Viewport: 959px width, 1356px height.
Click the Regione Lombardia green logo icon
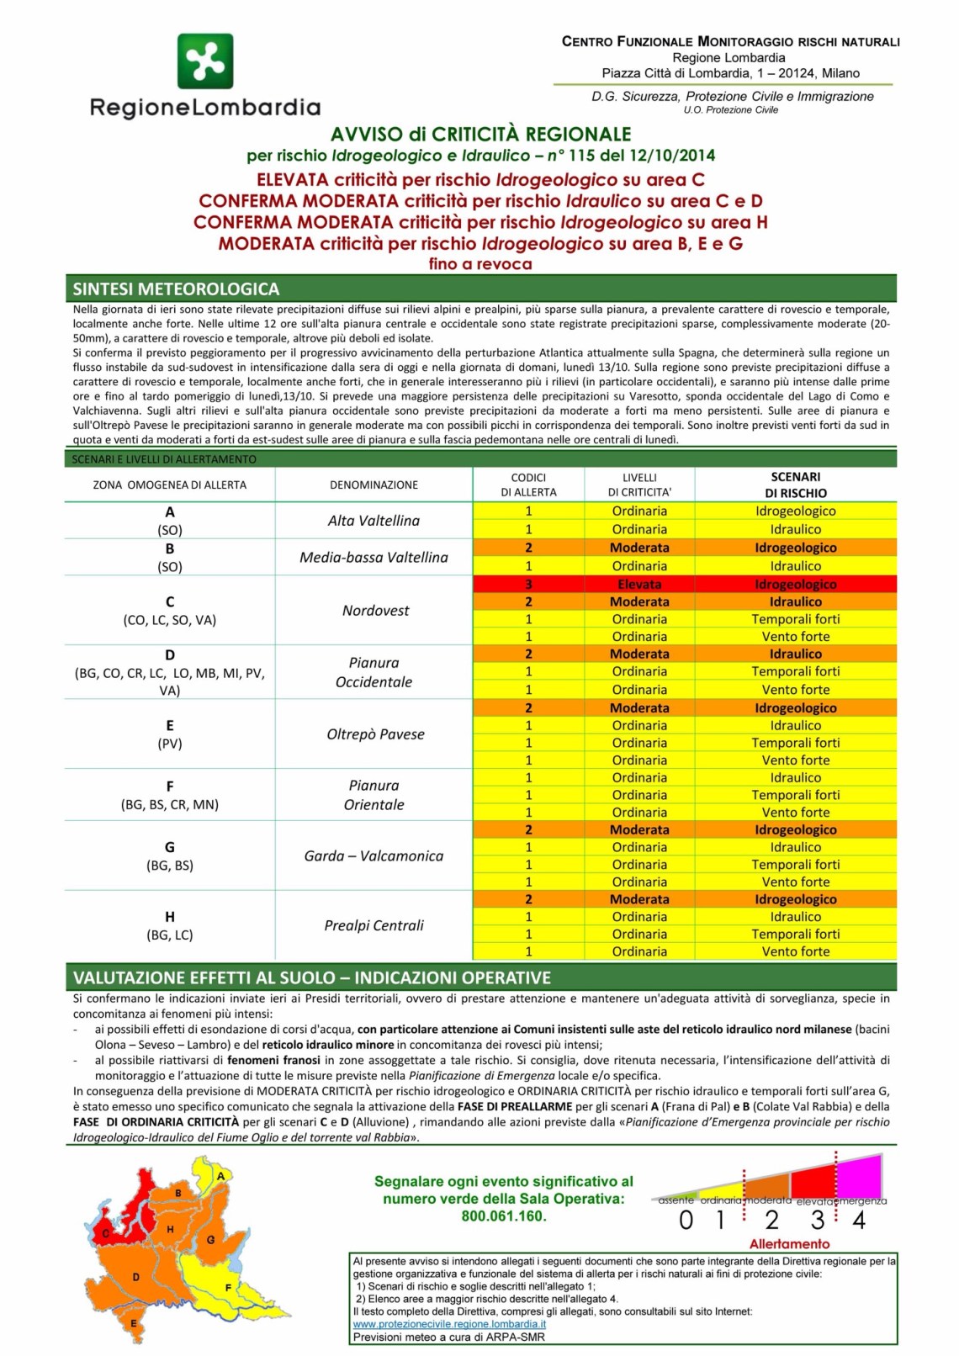(x=205, y=61)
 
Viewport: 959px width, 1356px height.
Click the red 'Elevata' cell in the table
(x=639, y=584)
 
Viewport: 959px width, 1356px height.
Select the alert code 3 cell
(x=528, y=584)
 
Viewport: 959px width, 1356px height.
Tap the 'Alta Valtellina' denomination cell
(x=374, y=521)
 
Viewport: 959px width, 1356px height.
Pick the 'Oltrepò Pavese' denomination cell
(x=375, y=734)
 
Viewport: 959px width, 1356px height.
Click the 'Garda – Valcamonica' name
(x=374, y=855)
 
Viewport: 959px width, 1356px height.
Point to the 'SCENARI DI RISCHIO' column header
(x=795, y=485)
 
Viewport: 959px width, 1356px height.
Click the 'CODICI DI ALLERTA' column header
(x=528, y=485)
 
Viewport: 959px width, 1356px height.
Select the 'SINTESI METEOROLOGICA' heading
(x=176, y=289)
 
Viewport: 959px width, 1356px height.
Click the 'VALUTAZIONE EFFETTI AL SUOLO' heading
(x=312, y=977)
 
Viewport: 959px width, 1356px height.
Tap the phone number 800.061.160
(x=503, y=1216)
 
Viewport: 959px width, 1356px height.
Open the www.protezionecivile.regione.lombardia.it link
(x=449, y=1324)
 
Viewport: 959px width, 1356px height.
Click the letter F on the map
(x=228, y=1288)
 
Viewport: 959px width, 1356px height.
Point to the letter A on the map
(x=220, y=1176)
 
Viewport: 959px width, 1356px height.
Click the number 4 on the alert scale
(x=859, y=1221)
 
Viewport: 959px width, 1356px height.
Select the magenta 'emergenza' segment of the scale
(x=860, y=1177)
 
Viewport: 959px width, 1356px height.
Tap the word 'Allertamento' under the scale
(x=789, y=1244)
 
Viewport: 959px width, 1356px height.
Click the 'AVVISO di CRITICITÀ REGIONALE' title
(x=480, y=135)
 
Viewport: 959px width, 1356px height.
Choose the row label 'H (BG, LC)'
(x=170, y=925)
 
